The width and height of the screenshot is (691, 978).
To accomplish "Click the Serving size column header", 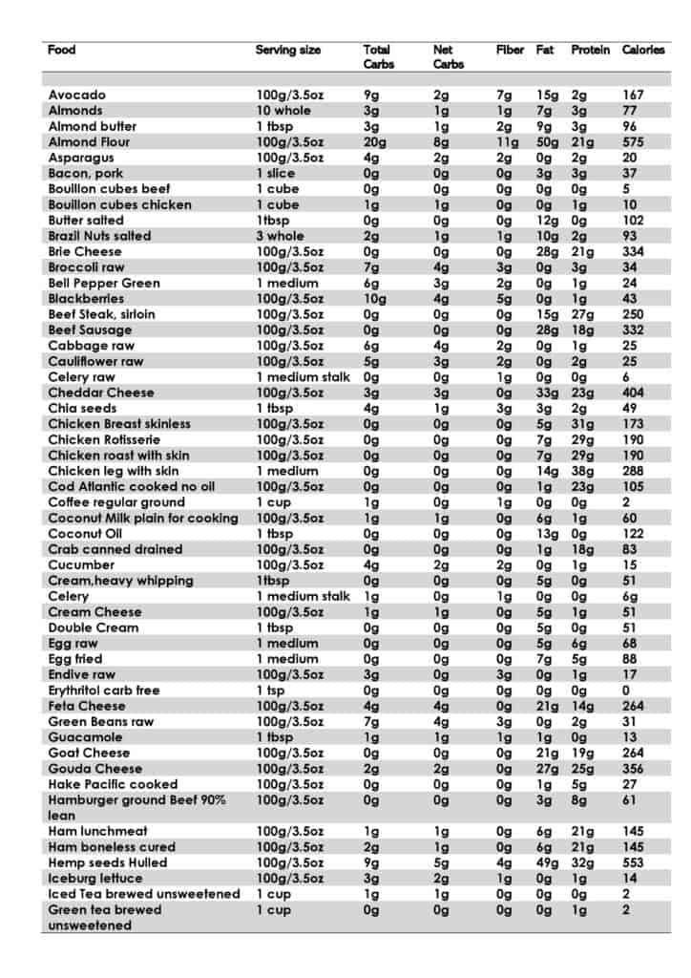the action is [287, 50].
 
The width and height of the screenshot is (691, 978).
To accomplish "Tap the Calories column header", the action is [642, 50].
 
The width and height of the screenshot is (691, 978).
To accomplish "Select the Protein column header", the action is [590, 50].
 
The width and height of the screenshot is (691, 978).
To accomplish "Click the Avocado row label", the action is [76, 95].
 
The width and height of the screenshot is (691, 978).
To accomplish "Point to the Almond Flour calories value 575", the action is [633, 141].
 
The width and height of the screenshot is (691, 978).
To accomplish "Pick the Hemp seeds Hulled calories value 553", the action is [633, 862].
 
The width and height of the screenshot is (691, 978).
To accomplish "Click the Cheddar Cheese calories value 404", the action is [633, 393].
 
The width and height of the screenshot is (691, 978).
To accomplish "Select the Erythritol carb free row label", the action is [104, 690].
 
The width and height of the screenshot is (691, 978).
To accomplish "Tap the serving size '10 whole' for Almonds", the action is [284, 111].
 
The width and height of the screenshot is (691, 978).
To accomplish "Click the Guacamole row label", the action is [85, 737].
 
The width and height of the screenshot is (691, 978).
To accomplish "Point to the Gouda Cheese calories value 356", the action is [633, 768].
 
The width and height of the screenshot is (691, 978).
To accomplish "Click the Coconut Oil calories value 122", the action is [633, 533].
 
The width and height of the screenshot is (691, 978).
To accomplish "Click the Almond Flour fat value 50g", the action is [547, 141].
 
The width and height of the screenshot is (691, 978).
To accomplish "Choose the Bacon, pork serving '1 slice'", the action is [275, 173].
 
